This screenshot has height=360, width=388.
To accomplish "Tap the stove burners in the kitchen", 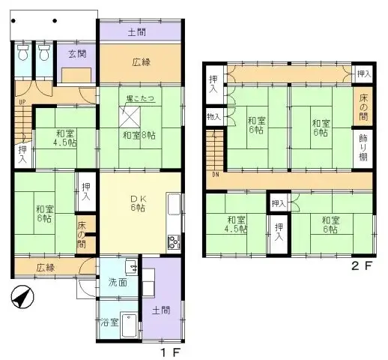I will [174, 241].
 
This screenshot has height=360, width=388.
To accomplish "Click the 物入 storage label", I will [214, 117].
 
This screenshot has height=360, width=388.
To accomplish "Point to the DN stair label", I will [215, 175].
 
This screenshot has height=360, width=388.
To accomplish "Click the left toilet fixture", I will [22, 54].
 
